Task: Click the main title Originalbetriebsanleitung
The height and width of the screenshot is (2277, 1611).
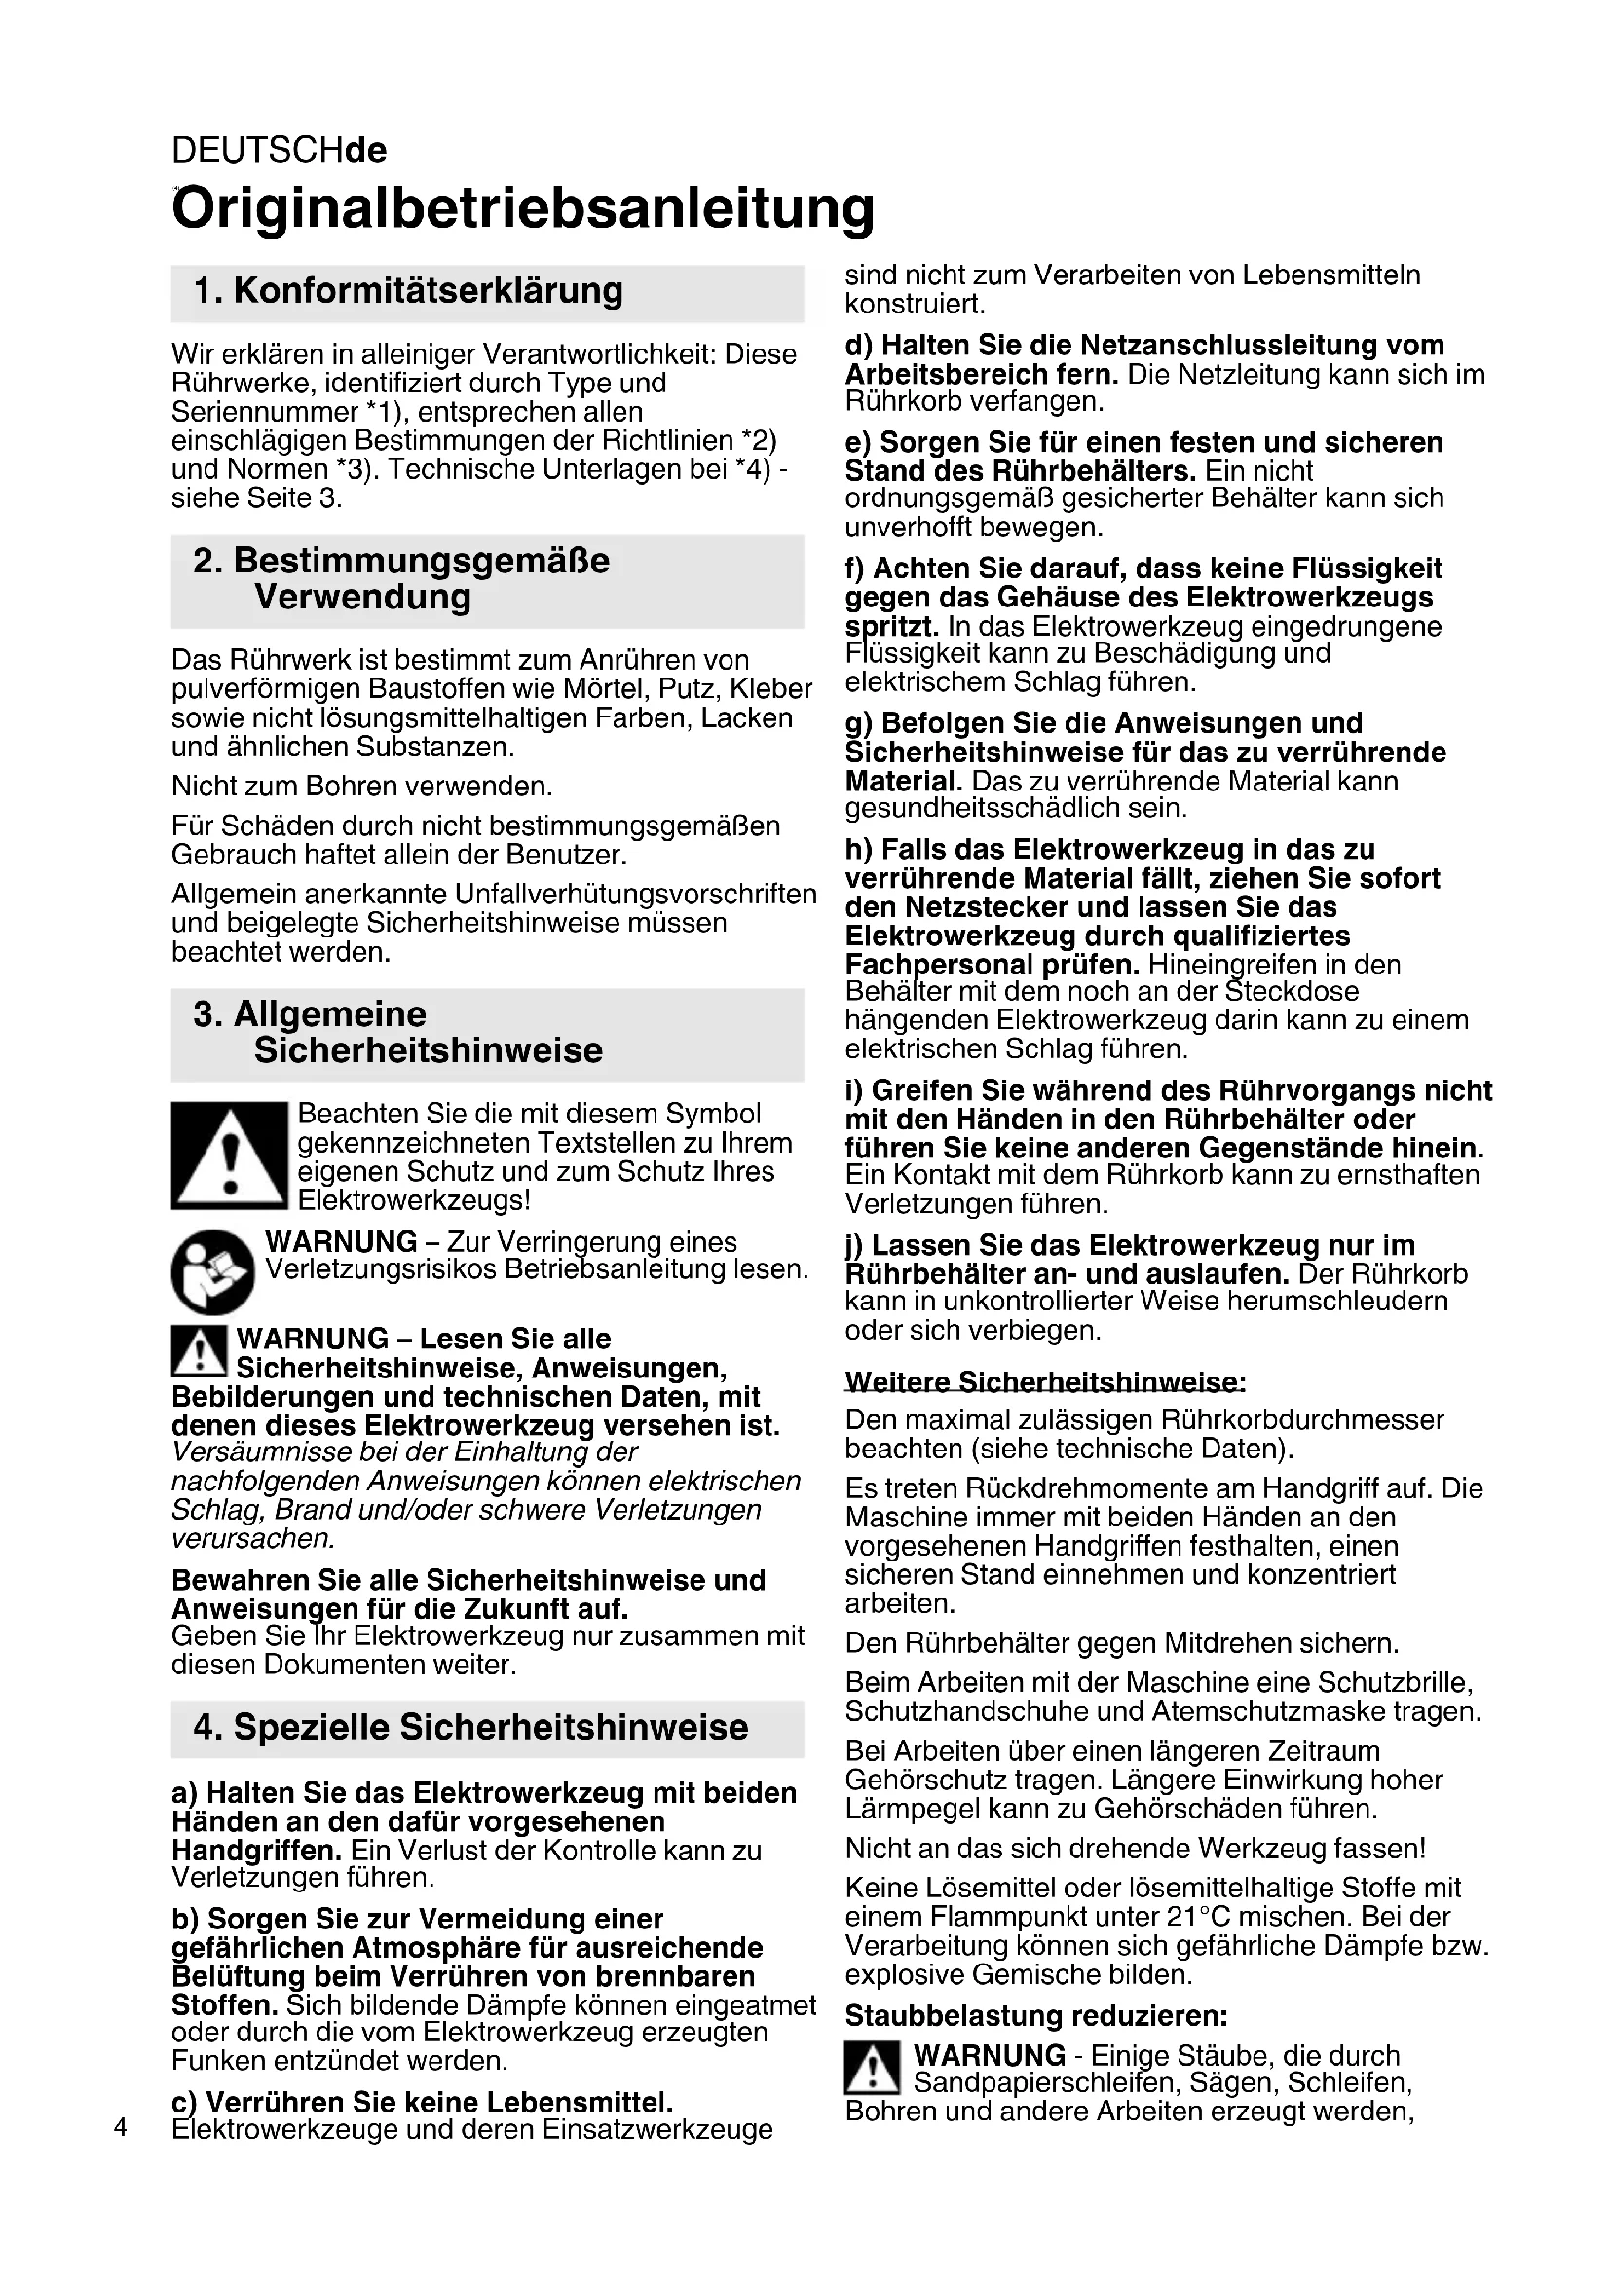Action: (523, 208)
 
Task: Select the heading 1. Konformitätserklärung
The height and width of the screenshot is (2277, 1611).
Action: (409, 292)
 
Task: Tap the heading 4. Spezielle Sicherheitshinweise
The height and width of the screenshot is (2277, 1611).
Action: (471, 1727)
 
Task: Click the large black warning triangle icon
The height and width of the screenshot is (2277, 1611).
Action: (229, 1156)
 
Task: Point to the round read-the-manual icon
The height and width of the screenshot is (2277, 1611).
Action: (212, 1271)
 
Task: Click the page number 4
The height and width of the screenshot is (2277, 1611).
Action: (120, 2127)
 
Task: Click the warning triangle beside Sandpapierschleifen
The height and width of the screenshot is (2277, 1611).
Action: (872, 2068)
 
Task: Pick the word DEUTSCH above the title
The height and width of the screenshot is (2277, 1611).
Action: (257, 150)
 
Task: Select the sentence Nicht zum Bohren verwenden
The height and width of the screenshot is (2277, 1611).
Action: (362, 787)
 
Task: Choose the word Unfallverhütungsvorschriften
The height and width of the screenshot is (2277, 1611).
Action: (636, 894)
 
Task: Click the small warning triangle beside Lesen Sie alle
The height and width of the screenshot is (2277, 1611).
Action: (199, 1351)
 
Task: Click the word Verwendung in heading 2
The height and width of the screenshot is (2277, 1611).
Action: (363, 597)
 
